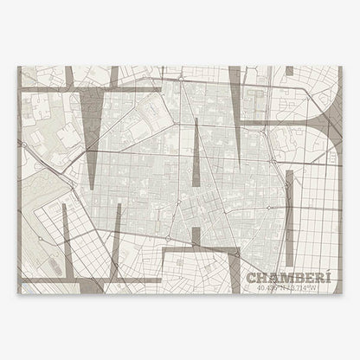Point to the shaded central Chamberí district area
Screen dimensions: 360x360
pos(173,164)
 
